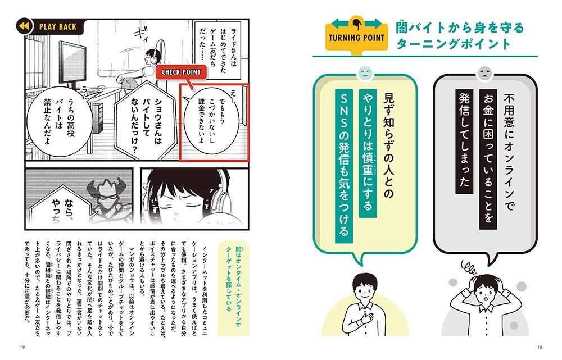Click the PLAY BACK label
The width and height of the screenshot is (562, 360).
(58, 26)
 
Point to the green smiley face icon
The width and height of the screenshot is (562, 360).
(364, 72)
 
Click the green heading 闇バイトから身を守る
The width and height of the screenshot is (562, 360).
(460, 27)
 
